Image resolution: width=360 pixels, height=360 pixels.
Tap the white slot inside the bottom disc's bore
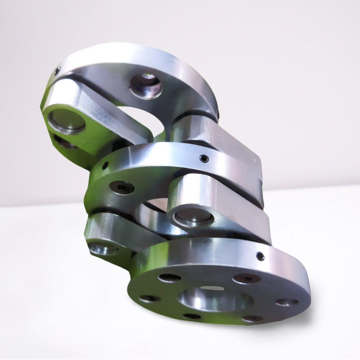[x=212, y=288]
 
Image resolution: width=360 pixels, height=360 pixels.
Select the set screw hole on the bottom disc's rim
[x=260, y=256]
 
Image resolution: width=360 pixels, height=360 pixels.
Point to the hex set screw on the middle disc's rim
[x=204, y=158]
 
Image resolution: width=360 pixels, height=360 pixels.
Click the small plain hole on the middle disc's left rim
[x=105, y=166]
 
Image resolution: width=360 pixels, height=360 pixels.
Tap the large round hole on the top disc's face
[x=146, y=86]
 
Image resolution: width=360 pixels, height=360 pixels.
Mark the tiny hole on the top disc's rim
[x=57, y=71]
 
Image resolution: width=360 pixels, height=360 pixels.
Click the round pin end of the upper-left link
[x=67, y=121]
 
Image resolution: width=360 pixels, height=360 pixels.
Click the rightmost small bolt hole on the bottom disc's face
[x=287, y=302]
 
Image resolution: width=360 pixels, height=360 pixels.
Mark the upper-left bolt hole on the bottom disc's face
[x=170, y=278]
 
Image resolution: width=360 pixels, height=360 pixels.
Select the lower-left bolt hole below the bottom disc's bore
[x=192, y=316]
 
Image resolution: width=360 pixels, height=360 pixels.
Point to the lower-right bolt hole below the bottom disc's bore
[x=252, y=319]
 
